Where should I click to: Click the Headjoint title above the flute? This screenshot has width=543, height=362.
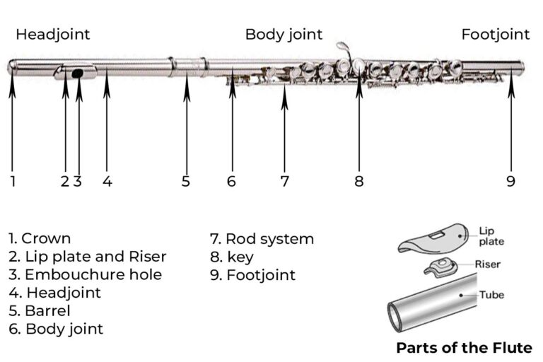53,34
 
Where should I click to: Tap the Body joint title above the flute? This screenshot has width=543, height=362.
284,34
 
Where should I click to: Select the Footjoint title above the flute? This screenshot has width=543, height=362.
495,34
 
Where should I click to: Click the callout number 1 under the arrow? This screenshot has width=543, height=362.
13,181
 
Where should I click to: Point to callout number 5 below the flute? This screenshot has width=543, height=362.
186,181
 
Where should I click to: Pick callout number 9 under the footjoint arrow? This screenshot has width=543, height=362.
510,181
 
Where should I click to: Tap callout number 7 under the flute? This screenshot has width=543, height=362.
284,181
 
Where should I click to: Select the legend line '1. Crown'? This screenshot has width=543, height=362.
40,238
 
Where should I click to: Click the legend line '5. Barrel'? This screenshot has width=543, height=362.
40,310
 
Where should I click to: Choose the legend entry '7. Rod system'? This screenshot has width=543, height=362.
262,238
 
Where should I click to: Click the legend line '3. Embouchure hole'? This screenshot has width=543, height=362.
86,274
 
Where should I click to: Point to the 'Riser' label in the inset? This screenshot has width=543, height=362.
488,265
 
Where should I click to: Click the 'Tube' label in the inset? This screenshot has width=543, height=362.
491,294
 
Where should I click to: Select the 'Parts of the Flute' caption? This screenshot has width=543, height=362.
464,347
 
